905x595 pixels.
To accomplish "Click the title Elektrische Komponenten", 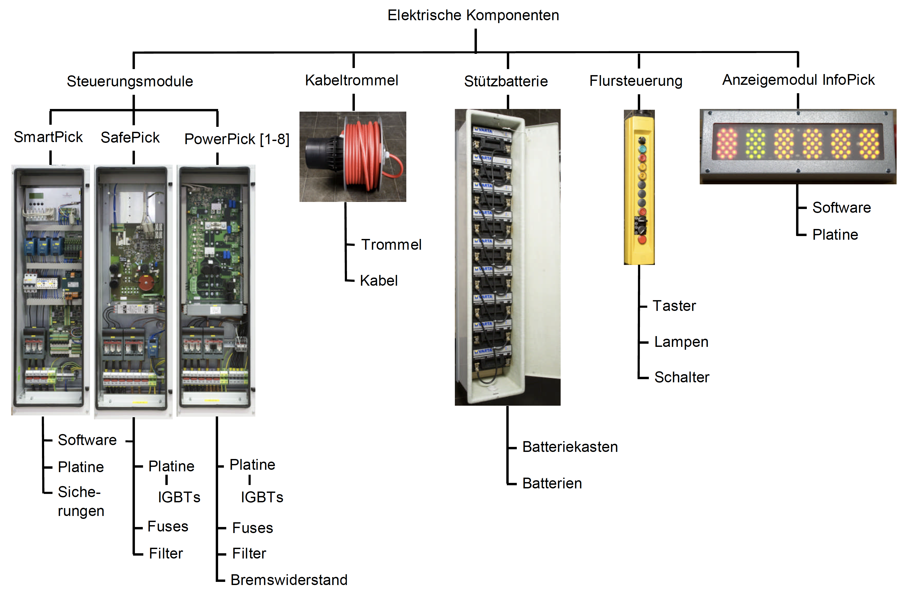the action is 473,15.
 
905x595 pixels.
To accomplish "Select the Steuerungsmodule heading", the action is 130,81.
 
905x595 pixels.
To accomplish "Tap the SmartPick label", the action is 48,137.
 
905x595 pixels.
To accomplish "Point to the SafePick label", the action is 130,137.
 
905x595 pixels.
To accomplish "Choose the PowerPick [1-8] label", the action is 237,139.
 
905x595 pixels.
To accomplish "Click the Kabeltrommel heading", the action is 352,80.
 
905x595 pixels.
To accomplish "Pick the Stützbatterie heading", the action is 506,81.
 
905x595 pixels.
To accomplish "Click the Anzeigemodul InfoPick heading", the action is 798,80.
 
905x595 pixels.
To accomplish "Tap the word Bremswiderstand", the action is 289,580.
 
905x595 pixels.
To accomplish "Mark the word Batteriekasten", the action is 570,447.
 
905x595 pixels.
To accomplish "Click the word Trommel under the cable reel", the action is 391,245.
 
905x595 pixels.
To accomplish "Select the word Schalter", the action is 682,377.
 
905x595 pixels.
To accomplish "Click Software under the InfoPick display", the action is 841,208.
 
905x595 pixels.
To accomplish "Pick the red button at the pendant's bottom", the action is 642,239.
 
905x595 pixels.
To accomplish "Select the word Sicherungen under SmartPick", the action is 81,502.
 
